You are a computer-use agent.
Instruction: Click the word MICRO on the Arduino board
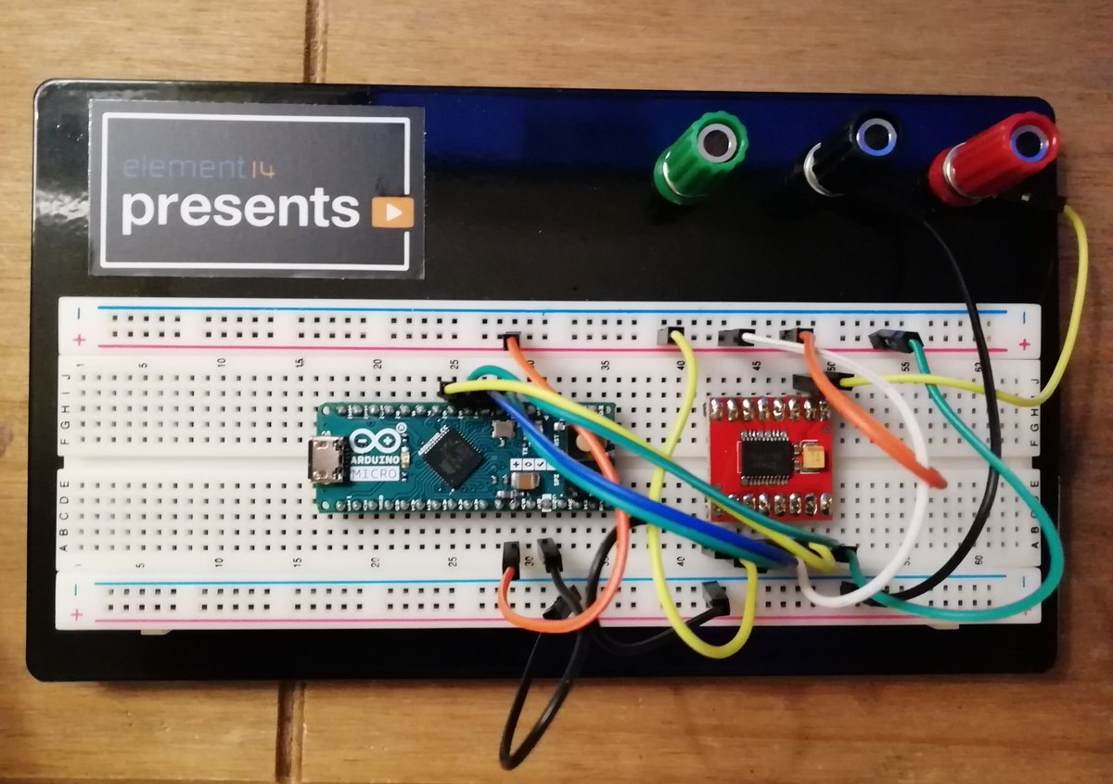pyautogui.click(x=375, y=474)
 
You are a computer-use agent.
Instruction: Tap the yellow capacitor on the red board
pyautogui.click(x=813, y=457)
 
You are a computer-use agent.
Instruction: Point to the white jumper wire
pyautogui.click(x=914, y=482)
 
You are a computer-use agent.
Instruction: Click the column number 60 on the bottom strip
pyautogui.click(x=979, y=559)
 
